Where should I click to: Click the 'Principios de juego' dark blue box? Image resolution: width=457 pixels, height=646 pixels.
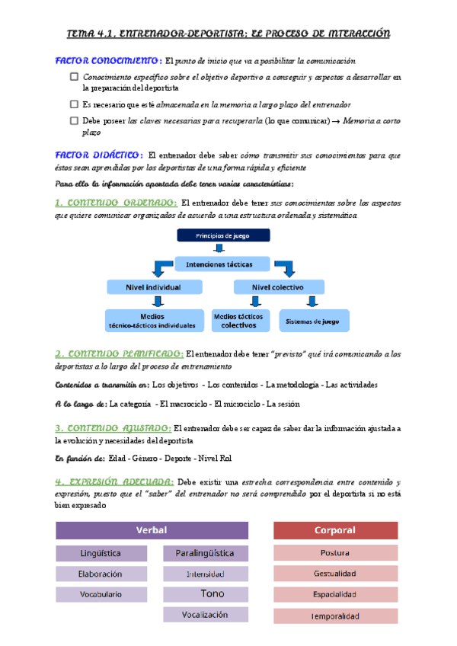(220, 235)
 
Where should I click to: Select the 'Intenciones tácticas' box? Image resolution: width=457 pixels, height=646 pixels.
(223, 264)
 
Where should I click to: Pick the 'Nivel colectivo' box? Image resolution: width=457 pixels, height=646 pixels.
(278, 287)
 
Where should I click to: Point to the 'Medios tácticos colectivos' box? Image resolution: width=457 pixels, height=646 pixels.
(240, 320)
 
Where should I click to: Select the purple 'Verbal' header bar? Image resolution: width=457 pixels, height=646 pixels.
(152, 530)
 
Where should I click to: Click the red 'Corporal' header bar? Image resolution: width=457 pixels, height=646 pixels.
(335, 530)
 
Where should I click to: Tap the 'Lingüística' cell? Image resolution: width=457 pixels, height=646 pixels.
(101, 553)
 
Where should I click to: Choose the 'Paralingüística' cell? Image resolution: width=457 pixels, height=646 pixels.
(205, 553)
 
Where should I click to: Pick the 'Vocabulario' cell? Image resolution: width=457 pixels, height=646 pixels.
(101, 594)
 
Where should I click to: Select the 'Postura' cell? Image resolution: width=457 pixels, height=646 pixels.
(335, 553)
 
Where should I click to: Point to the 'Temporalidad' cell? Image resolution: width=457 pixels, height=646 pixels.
(335, 616)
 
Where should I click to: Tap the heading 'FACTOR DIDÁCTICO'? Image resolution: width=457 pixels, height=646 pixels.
(99, 155)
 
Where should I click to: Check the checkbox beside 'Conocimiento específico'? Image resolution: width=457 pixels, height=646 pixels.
(74, 77)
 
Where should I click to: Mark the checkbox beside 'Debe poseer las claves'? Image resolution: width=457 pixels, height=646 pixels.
(74, 120)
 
